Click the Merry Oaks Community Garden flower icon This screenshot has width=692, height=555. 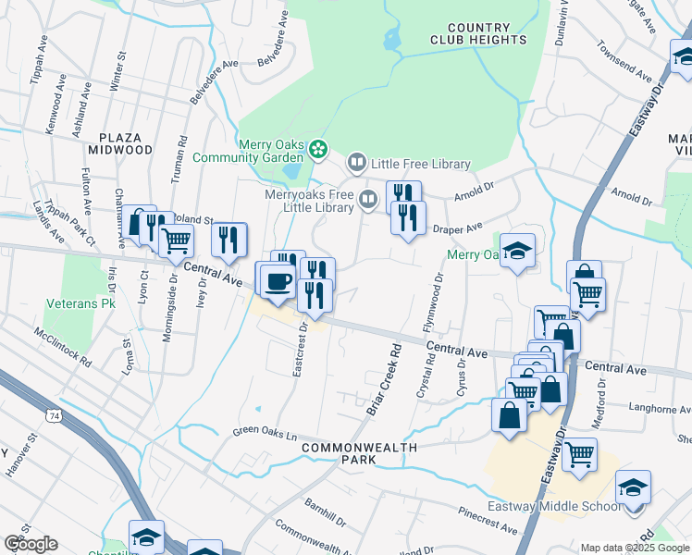point(318,148)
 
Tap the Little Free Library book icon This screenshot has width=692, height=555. point(356,164)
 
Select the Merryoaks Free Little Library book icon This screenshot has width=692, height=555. point(368,199)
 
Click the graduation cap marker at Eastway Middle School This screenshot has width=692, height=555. point(634,487)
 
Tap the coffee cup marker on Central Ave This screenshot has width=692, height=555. point(276,280)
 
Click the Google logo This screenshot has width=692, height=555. point(31,544)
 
